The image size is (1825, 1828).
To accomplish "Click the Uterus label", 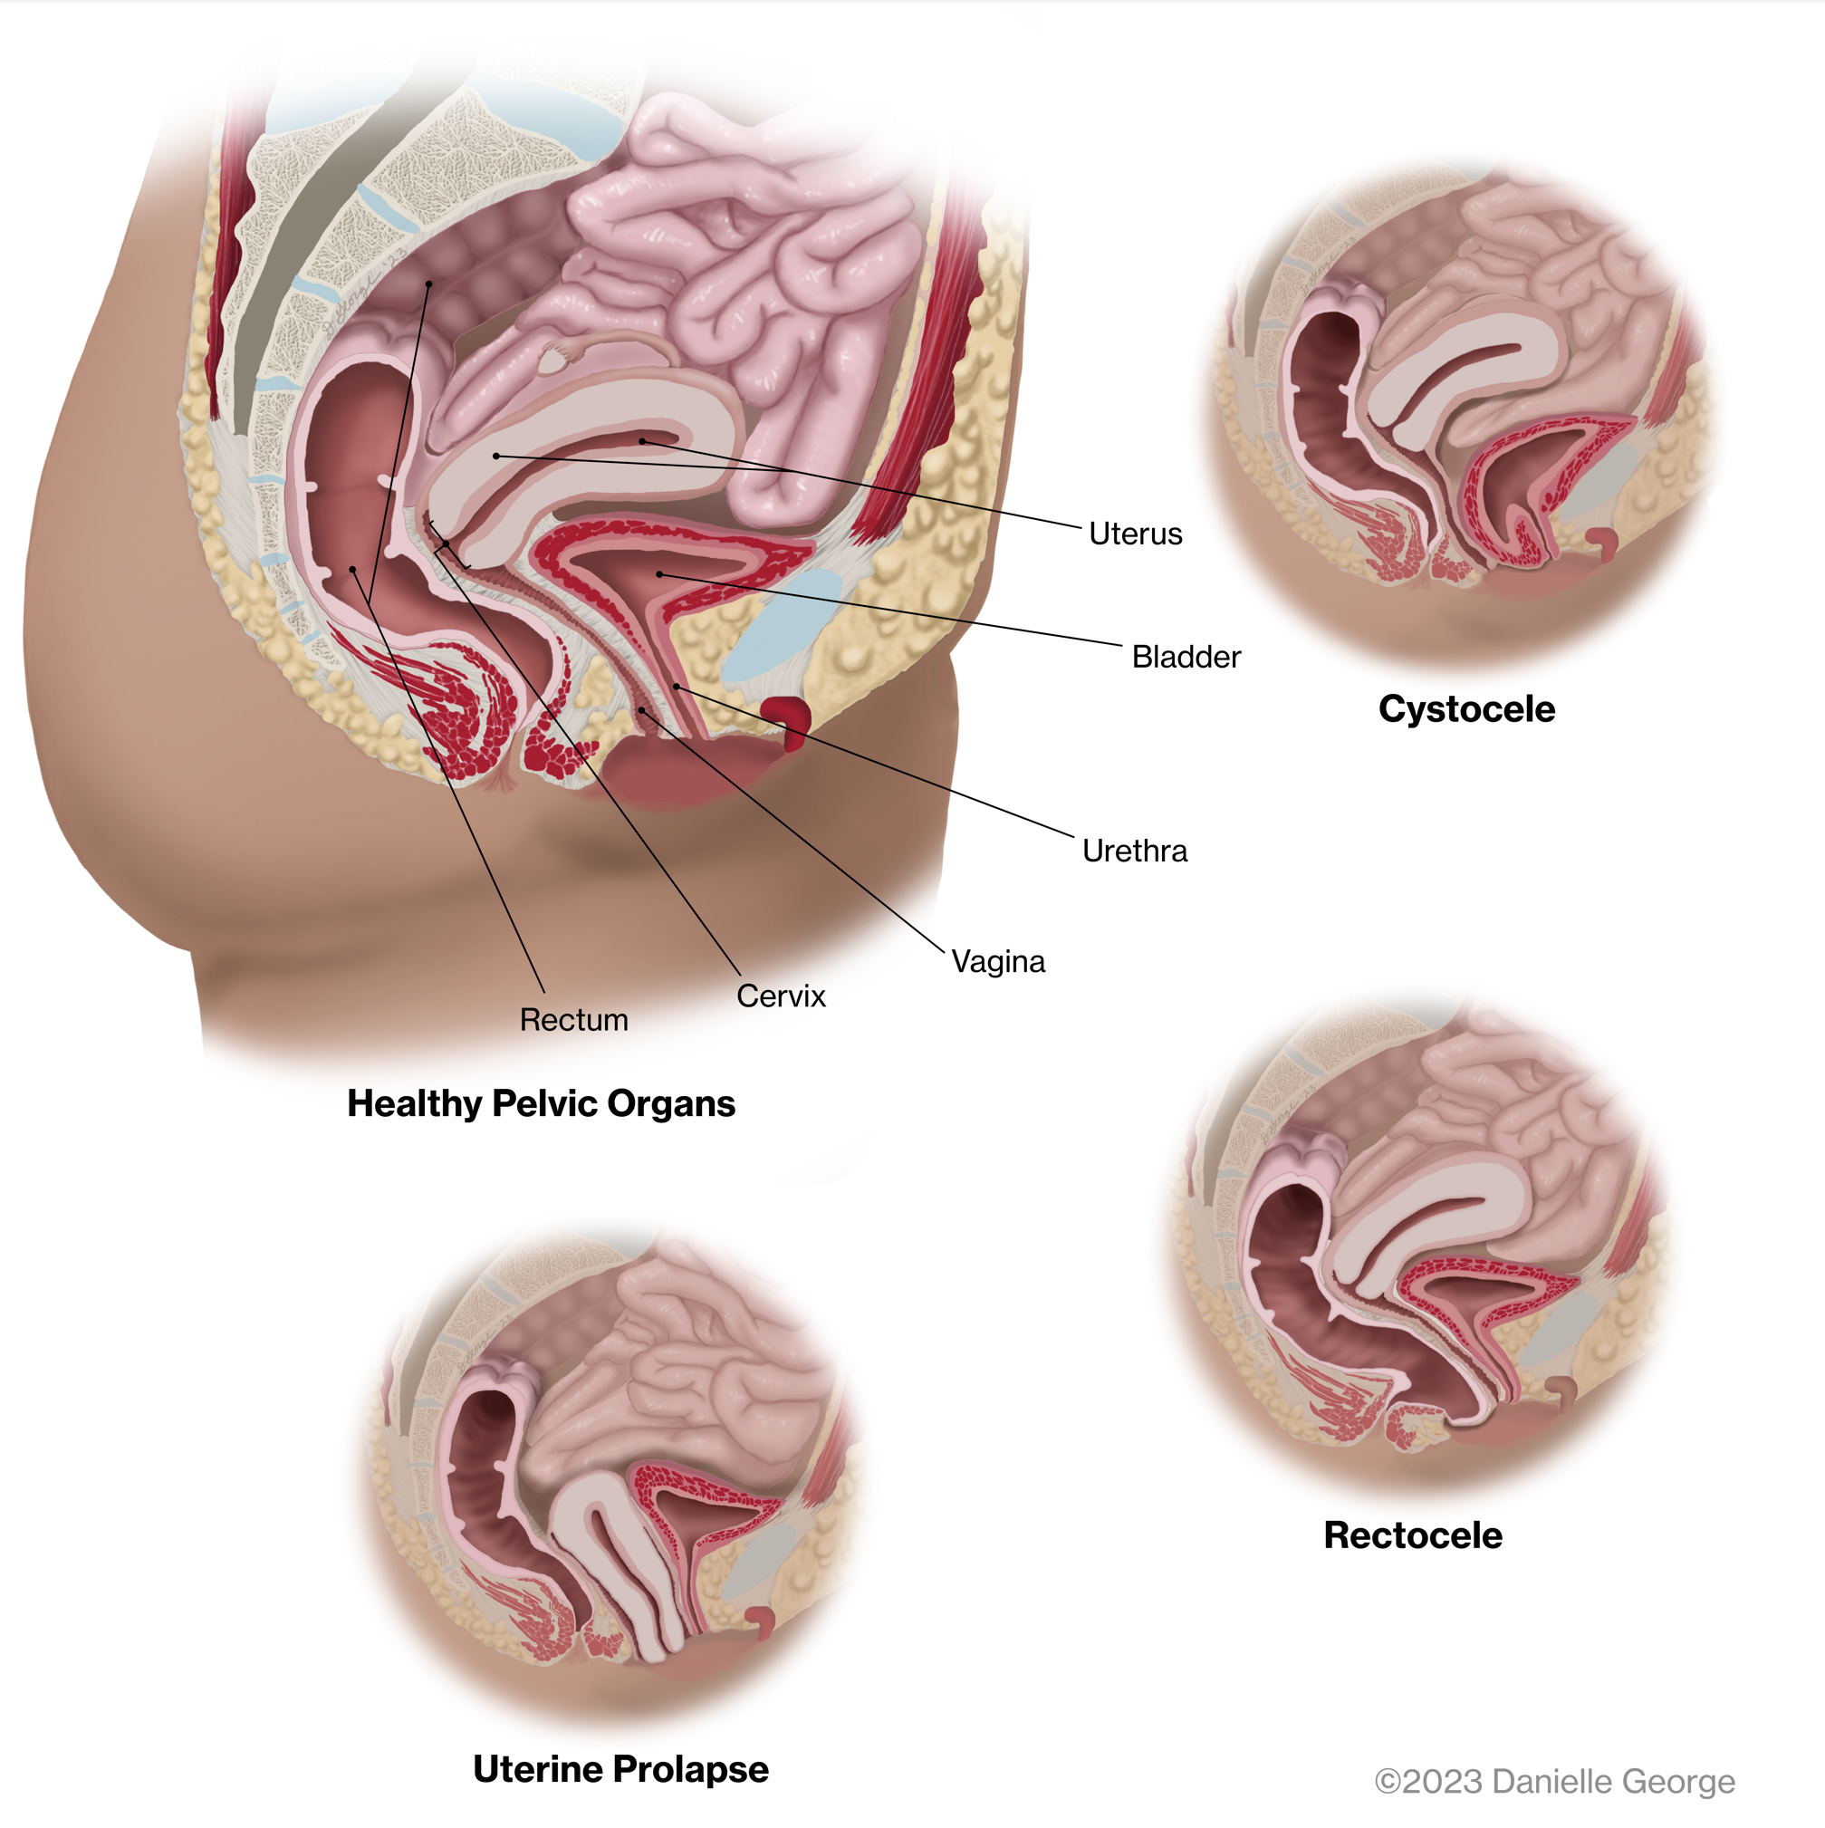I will (x=1134, y=534).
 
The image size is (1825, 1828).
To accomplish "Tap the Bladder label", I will (x=1186, y=657).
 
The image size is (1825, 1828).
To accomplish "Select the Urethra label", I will (x=1134, y=851).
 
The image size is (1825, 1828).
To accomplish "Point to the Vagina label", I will (x=998, y=961).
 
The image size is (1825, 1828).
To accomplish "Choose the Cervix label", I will (x=781, y=996).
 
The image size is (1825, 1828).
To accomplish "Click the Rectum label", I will (x=573, y=1020).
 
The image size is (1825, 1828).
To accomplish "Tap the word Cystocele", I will (x=1466, y=708).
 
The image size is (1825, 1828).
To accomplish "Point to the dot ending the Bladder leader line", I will (x=659, y=574).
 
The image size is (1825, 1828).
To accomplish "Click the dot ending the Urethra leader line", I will (x=676, y=686).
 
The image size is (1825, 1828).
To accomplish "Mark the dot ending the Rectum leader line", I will (x=353, y=570).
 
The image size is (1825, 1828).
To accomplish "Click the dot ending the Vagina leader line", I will (x=641, y=709).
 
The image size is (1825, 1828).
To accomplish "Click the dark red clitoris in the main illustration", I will (x=787, y=717).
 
